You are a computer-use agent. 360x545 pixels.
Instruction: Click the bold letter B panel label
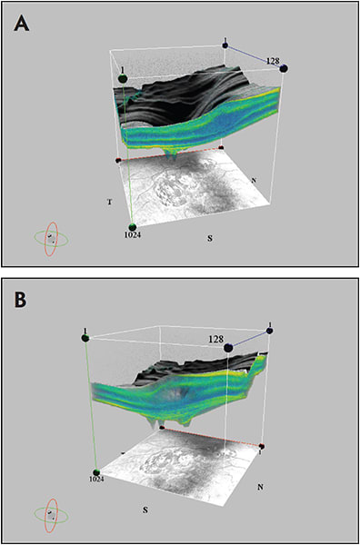click(21, 301)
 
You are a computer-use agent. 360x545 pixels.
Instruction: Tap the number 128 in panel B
click(216, 338)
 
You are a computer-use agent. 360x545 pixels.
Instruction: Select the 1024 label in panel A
click(132, 234)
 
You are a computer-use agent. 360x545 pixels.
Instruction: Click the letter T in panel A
click(109, 203)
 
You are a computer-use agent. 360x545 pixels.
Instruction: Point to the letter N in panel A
click(254, 180)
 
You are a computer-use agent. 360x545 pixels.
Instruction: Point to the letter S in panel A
click(209, 239)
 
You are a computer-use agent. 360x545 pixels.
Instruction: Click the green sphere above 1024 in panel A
click(132, 227)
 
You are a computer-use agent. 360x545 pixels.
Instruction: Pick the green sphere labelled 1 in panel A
click(123, 79)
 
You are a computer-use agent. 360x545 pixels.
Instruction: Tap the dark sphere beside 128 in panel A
click(284, 68)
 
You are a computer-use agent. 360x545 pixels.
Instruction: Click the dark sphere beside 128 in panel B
click(229, 347)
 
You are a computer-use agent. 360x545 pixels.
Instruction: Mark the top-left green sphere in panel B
click(85, 338)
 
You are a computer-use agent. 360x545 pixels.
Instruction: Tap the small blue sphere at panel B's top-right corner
click(269, 331)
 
